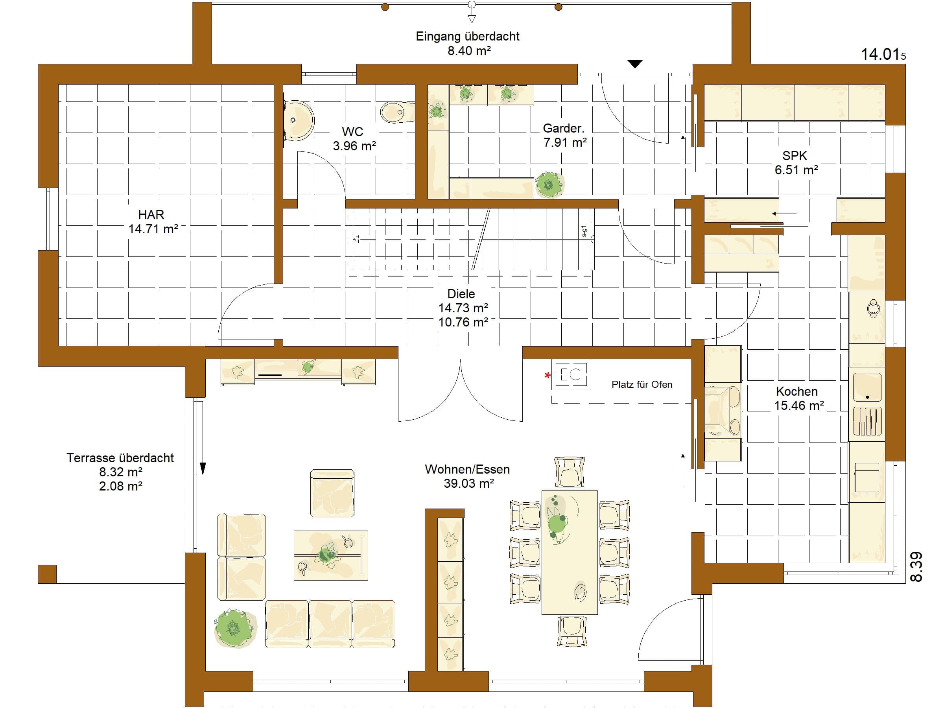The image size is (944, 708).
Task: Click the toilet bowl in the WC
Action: [397, 112]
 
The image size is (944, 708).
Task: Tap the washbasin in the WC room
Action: [299, 120]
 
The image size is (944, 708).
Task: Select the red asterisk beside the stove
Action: [548, 376]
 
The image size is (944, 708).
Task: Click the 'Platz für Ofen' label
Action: [642, 385]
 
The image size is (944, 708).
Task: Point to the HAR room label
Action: [151, 214]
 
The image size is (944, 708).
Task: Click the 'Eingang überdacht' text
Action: [467, 36]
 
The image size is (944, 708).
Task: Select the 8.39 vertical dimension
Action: [916, 567]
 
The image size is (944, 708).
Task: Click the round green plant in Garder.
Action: [549, 185]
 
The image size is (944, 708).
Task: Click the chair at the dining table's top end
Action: [569, 472]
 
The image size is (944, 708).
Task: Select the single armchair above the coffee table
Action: [332, 493]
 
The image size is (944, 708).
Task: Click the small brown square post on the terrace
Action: [47, 574]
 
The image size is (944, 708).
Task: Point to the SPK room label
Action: [795, 156]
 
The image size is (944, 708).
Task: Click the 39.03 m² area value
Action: [468, 483]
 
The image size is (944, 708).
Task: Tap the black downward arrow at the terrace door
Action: [203, 468]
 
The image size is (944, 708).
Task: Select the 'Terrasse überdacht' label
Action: [120, 458]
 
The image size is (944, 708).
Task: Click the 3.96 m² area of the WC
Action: [354, 146]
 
